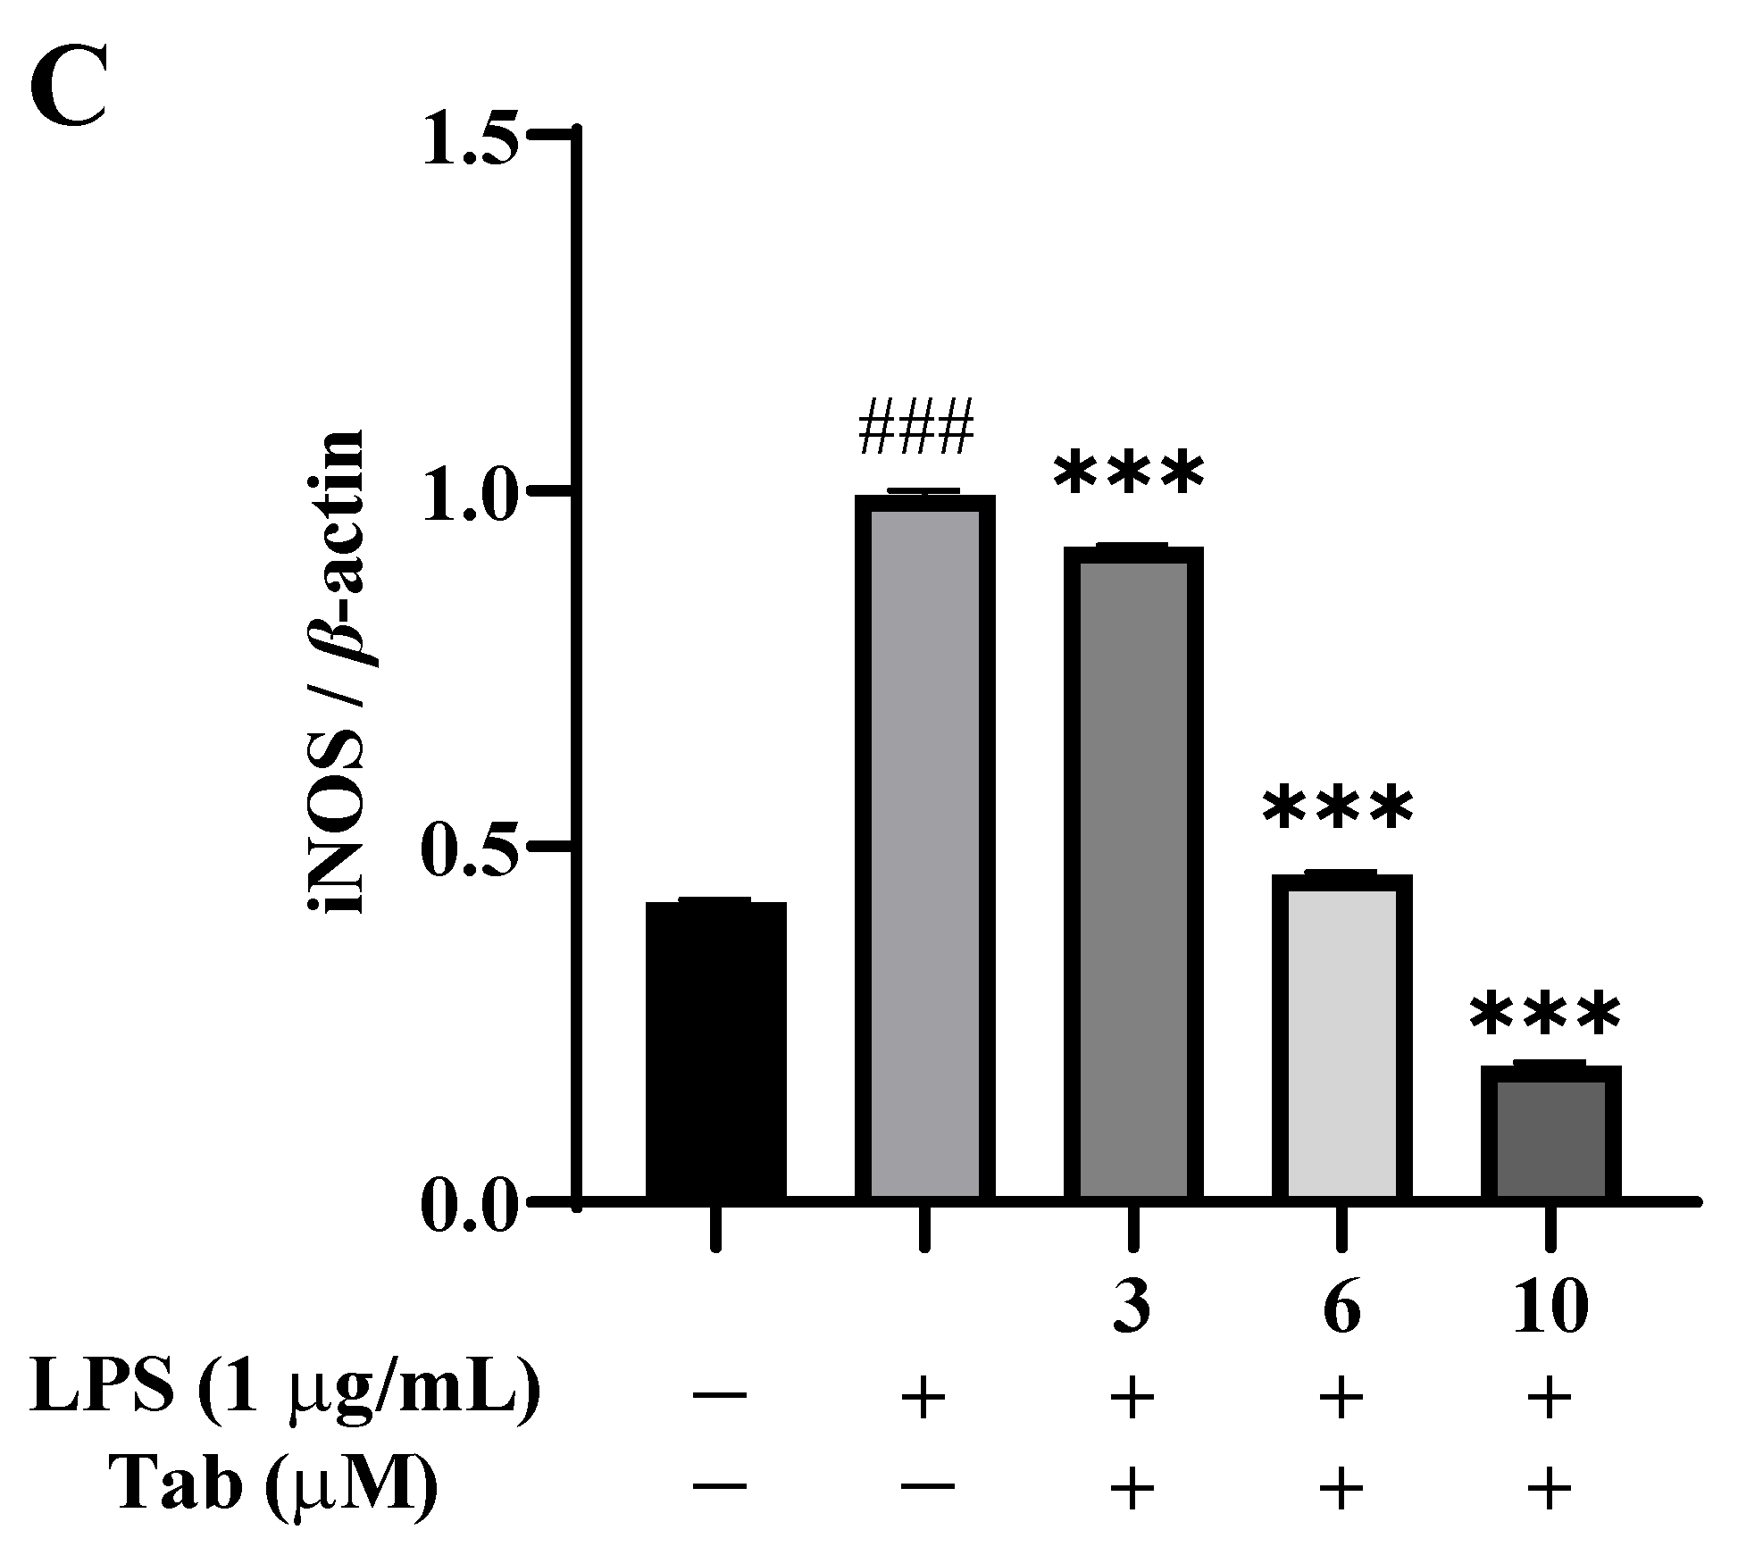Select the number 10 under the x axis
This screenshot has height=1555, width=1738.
point(1550,1309)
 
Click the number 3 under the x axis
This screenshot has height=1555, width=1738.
point(1132,1309)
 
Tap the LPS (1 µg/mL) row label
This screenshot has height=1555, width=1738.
point(285,1398)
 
